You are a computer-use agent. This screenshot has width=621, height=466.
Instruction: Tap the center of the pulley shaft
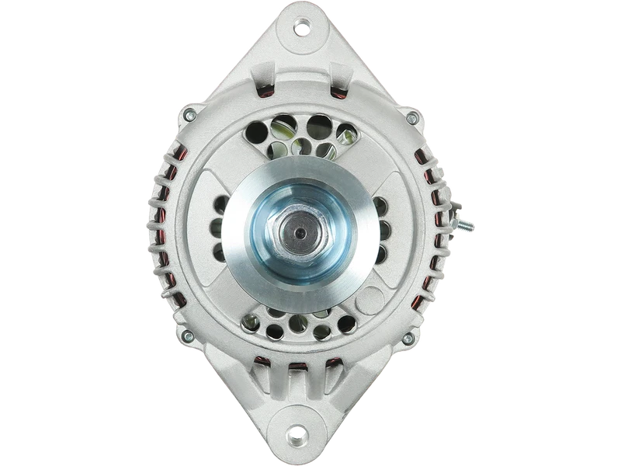(299, 231)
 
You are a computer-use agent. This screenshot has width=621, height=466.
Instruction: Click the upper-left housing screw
(189, 116)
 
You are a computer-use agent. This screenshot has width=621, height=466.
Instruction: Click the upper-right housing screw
(412, 117)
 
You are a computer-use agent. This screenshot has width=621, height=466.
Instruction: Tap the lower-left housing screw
(187, 336)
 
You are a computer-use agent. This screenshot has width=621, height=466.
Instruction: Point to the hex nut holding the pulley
(299, 231)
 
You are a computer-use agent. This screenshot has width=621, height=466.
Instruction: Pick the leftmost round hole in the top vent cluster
(263, 144)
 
